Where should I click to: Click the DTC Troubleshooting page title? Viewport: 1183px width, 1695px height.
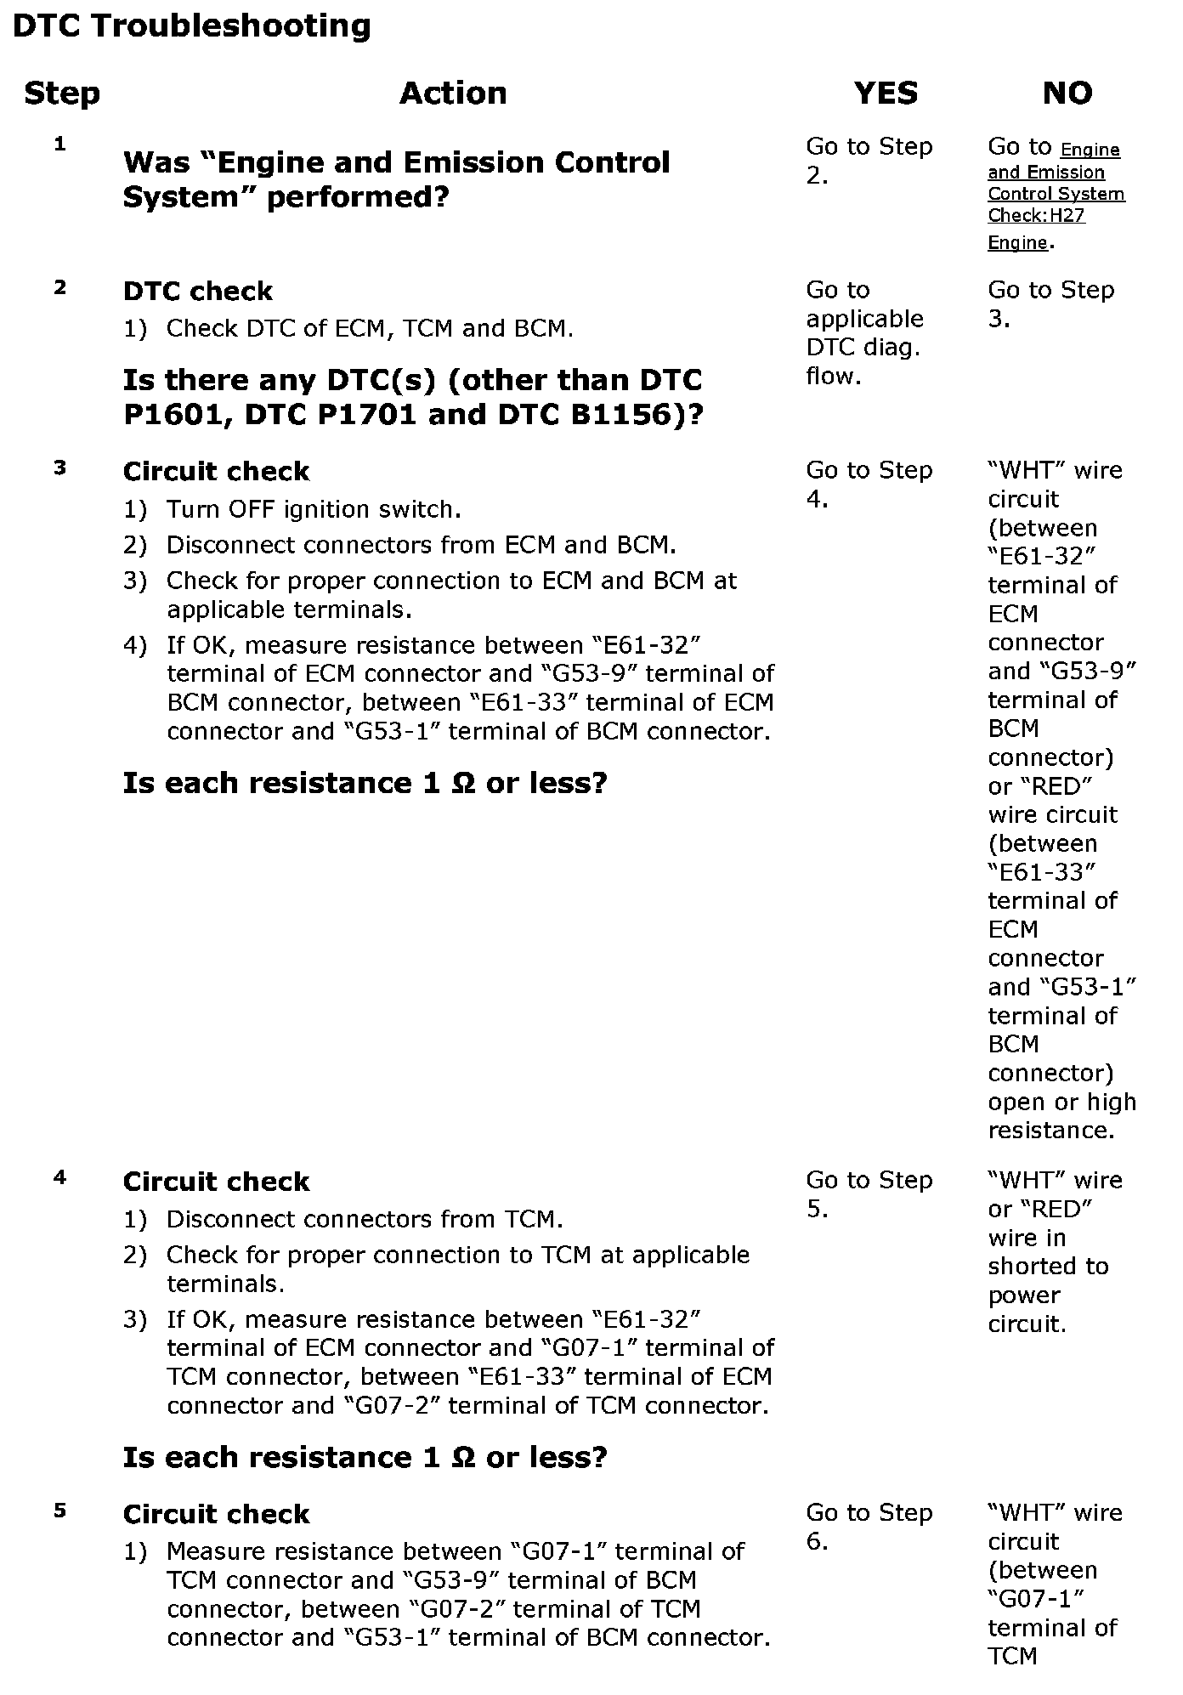tap(191, 26)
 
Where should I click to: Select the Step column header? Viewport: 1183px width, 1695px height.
tap(61, 93)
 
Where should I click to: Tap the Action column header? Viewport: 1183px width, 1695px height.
tap(453, 93)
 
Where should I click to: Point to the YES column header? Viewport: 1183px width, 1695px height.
tap(886, 93)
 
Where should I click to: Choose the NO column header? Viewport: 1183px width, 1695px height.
tap(1067, 93)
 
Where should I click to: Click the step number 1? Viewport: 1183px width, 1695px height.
tap(59, 145)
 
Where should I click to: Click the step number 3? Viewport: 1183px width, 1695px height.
tap(59, 468)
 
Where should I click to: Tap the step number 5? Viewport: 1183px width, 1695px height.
tap(59, 1511)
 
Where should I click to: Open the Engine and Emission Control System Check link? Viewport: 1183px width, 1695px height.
tap(1056, 195)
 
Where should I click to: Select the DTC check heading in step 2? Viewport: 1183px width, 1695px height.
tap(197, 292)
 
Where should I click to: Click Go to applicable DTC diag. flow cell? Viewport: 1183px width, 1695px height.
tap(864, 333)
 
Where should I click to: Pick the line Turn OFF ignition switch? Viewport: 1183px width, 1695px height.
tap(314, 509)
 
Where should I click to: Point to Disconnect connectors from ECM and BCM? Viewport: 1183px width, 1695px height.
tap(421, 545)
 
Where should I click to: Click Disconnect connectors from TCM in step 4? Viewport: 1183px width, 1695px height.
tap(365, 1219)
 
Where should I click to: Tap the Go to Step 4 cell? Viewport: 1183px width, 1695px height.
tap(869, 485)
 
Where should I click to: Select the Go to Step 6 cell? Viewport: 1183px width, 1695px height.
tap(869, 1527)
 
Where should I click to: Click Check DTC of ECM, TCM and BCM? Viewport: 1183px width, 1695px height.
tap(370, 328)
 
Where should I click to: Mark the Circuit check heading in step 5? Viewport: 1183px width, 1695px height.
tap(216, 1514)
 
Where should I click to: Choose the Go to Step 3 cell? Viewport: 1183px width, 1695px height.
tap(1050, 304)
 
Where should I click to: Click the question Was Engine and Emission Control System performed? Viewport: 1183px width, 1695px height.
tap(396, 179)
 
